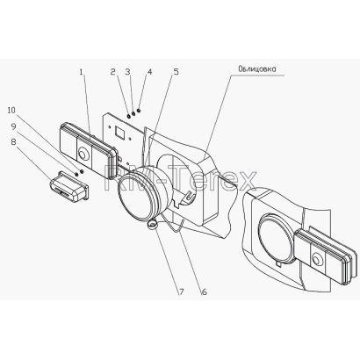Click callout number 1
[81, 72]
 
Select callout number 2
[113, 72]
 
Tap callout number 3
[128, 72]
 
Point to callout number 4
[149, 72]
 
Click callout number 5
[176, 72]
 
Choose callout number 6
[204, 292]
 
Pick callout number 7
[182, 292]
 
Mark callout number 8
[13, 141]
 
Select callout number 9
[13, 126]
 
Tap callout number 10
[11, 110]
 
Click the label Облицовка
[257, 69]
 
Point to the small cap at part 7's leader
[152, 225]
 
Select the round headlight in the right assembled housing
[276, 239]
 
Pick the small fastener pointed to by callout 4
[139, 111]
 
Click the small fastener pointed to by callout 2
[129, 117]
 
